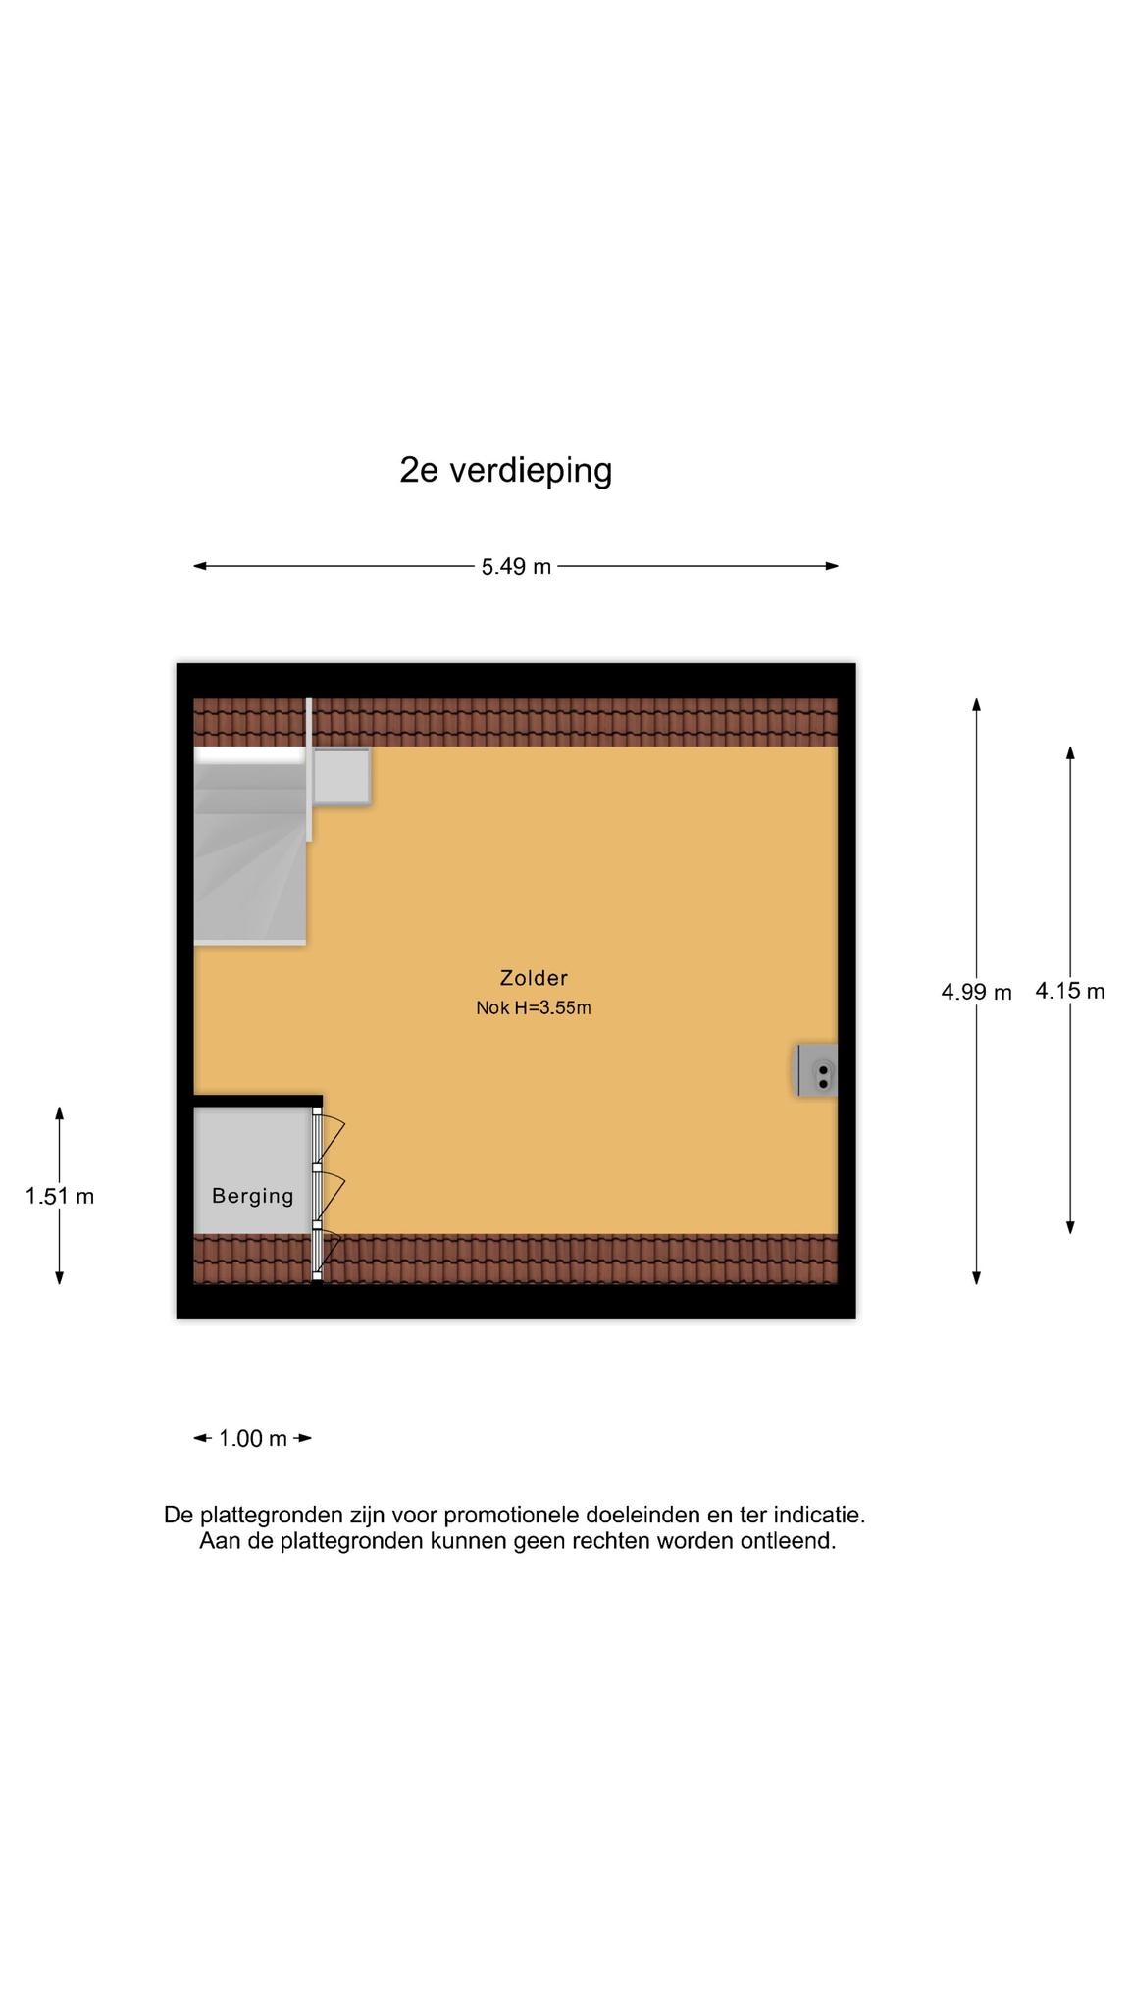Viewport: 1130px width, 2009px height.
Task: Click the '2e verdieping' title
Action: [x=505, y=471]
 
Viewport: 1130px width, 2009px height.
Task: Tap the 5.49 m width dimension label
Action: [x=516, y=567]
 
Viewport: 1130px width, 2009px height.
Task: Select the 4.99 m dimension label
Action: [x=976, y=992]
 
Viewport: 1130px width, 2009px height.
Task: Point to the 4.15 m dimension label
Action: [x=1070, y=991]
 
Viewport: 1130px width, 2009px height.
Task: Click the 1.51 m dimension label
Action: [x=60, y=1196]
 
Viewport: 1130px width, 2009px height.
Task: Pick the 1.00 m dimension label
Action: [x=253, y=1439]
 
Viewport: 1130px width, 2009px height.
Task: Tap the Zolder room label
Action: [x=534, y=978]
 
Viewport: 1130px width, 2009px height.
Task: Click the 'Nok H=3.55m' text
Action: [x=534, y=1007]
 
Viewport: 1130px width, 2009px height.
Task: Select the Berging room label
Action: [x=253, y=1196]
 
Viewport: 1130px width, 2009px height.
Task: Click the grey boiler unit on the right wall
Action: [x=815, y=1069]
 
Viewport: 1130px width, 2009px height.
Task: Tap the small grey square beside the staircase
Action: [x=341, y=777]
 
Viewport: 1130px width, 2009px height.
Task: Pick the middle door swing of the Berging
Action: [x=331, y=1195]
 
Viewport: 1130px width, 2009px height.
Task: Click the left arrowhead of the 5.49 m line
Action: [x=200, y=566]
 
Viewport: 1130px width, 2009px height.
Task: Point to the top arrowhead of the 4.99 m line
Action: [x=976, y=704]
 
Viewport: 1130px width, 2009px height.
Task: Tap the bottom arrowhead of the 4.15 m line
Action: [x=1070, y=1227]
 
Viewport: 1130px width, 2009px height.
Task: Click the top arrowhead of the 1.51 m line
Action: [x=60, y=1113]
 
